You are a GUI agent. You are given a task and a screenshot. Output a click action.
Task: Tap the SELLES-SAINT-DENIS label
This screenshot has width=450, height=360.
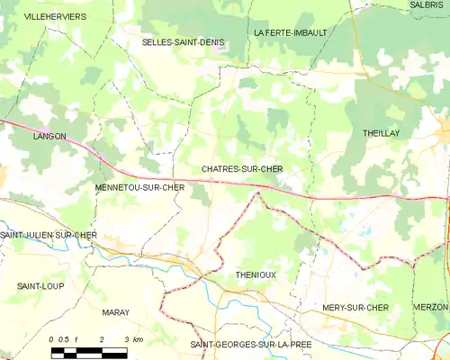pos(183,42)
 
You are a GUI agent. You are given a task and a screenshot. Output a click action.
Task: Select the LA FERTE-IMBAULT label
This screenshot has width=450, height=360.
pos(291,32)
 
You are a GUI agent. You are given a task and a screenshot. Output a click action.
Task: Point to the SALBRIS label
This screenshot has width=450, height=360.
pos(427,5)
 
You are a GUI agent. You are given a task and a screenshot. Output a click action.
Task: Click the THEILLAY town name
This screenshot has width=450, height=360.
pos(381,132)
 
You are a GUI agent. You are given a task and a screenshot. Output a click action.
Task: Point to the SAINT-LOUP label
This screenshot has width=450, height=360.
pos(39,285)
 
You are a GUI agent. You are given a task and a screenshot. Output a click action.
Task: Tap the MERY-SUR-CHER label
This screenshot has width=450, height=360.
pos(355,308)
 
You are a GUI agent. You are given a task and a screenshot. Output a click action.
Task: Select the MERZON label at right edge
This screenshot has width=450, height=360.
pos(432,308)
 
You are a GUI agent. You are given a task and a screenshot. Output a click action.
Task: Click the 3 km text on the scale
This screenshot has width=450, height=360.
pos(134,338)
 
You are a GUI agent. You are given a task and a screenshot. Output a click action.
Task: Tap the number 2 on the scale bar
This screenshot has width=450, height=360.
pos(102,338)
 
